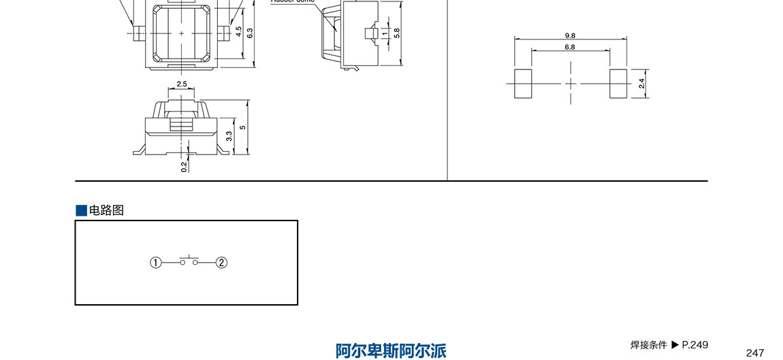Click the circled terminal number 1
(x=156, y=263)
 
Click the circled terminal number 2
(x=221, y=263)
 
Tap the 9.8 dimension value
(x=570, y=35)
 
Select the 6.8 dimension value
(x=570, y=47)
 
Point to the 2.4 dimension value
(x=641, y=84)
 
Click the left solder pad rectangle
(x=522, y=84)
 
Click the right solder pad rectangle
(x=618, y=84)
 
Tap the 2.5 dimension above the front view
(x=182, y=84)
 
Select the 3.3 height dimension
(x=229, y=136)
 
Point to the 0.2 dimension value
(x=185, y=165)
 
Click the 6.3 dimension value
(x=251, y=33)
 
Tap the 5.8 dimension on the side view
(x=397, y=32)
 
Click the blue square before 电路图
(x=81, y=210)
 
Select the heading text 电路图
(x=107, y=210)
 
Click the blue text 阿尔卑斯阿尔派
(x=391, y=350)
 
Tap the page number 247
(x=755, y=353)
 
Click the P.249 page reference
(x=695, y=345)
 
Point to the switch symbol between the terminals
(x=189, y=261)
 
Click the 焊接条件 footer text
(x=649, y=345)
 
